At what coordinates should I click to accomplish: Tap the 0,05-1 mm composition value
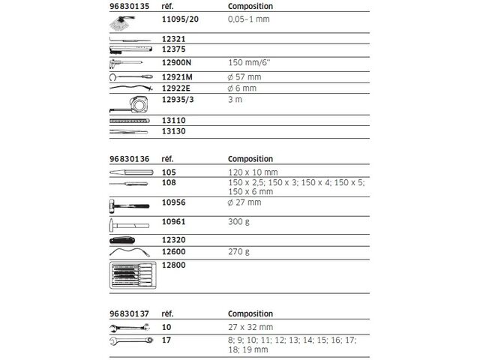click(247, 21)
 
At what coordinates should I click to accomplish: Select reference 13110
click(173, 120)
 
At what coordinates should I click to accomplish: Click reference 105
click(168, 172)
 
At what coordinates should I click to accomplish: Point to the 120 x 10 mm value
click(251, 172)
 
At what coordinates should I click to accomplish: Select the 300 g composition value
click(238, 222)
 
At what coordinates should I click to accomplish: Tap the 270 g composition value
click(238, 251)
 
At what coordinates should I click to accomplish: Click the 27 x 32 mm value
click(250, 328)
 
